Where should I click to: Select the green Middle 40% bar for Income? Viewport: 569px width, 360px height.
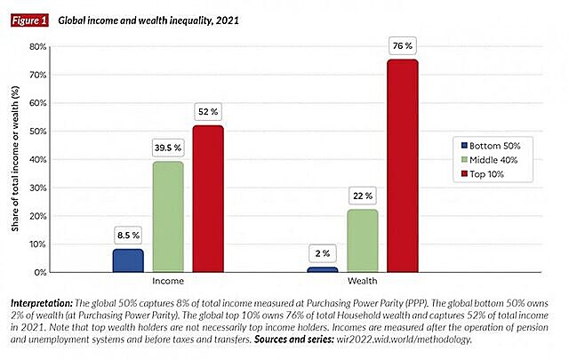(168, 216)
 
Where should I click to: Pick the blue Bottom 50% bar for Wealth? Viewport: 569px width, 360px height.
(323, 268)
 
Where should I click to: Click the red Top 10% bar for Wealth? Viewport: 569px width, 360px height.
(403, 165)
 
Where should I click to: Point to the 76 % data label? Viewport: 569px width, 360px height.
(403, 44)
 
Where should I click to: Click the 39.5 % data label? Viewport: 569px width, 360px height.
(168, 147)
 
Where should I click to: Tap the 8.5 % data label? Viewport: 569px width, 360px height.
(128, 235)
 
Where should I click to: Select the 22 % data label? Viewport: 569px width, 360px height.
(363, 196)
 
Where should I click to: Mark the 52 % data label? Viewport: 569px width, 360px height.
(208, 111)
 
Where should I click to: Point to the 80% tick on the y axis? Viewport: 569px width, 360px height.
(37, 46)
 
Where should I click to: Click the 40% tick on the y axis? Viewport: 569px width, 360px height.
(37, 159)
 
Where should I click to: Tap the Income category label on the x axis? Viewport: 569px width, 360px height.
(168, 283)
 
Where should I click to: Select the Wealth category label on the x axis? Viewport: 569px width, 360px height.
(363, 283)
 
